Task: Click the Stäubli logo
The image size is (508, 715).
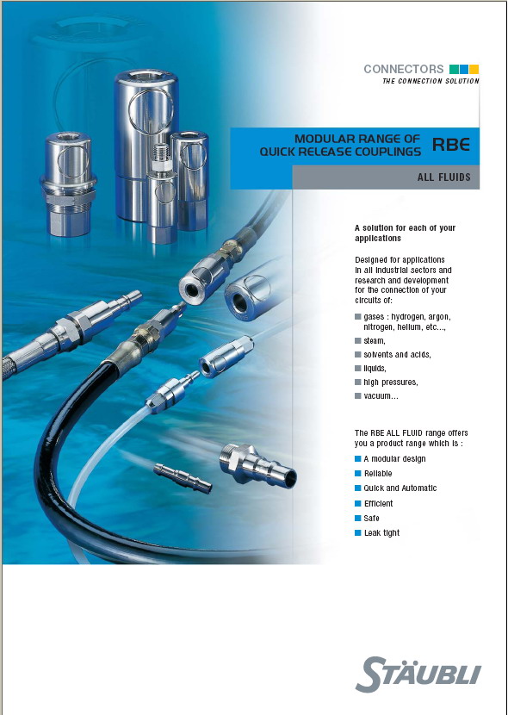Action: (418, 674)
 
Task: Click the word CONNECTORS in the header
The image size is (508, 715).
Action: (404, 69)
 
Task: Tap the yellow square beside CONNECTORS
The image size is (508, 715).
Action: (474, 69)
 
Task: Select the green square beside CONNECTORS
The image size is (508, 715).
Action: (454, 69)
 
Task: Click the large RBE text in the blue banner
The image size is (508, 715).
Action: (451, 145)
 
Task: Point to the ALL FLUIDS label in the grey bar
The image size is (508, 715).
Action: (443, 177)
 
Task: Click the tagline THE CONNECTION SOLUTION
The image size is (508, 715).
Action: (431, 81)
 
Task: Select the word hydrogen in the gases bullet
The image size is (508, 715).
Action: (408, 316)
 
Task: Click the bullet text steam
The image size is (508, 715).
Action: (375, 341)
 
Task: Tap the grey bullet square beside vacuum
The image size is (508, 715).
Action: (358, 395)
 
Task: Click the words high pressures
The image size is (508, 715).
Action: (390, 382)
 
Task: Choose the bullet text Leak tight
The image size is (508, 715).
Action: (381, 532)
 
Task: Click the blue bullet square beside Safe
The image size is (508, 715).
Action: (358, 518)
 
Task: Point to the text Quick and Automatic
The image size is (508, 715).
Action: (400, 488)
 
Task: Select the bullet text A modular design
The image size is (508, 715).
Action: (394, 459)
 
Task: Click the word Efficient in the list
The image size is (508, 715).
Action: (378, 503)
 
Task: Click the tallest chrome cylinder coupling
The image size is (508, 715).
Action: (145, 146)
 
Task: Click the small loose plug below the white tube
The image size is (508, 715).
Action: (183, 478)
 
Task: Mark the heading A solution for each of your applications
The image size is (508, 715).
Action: (405, 233)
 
